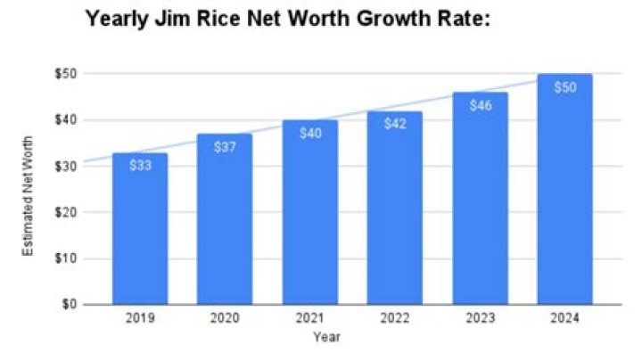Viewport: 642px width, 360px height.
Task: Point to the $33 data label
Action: coord(139,167)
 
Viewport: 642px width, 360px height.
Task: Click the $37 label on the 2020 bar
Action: coord(225,147)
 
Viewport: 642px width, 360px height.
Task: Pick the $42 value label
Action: coord(396,125)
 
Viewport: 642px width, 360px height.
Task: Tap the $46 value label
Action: coord(481,105)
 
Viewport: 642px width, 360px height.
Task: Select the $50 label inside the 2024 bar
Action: coord(565,87)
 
